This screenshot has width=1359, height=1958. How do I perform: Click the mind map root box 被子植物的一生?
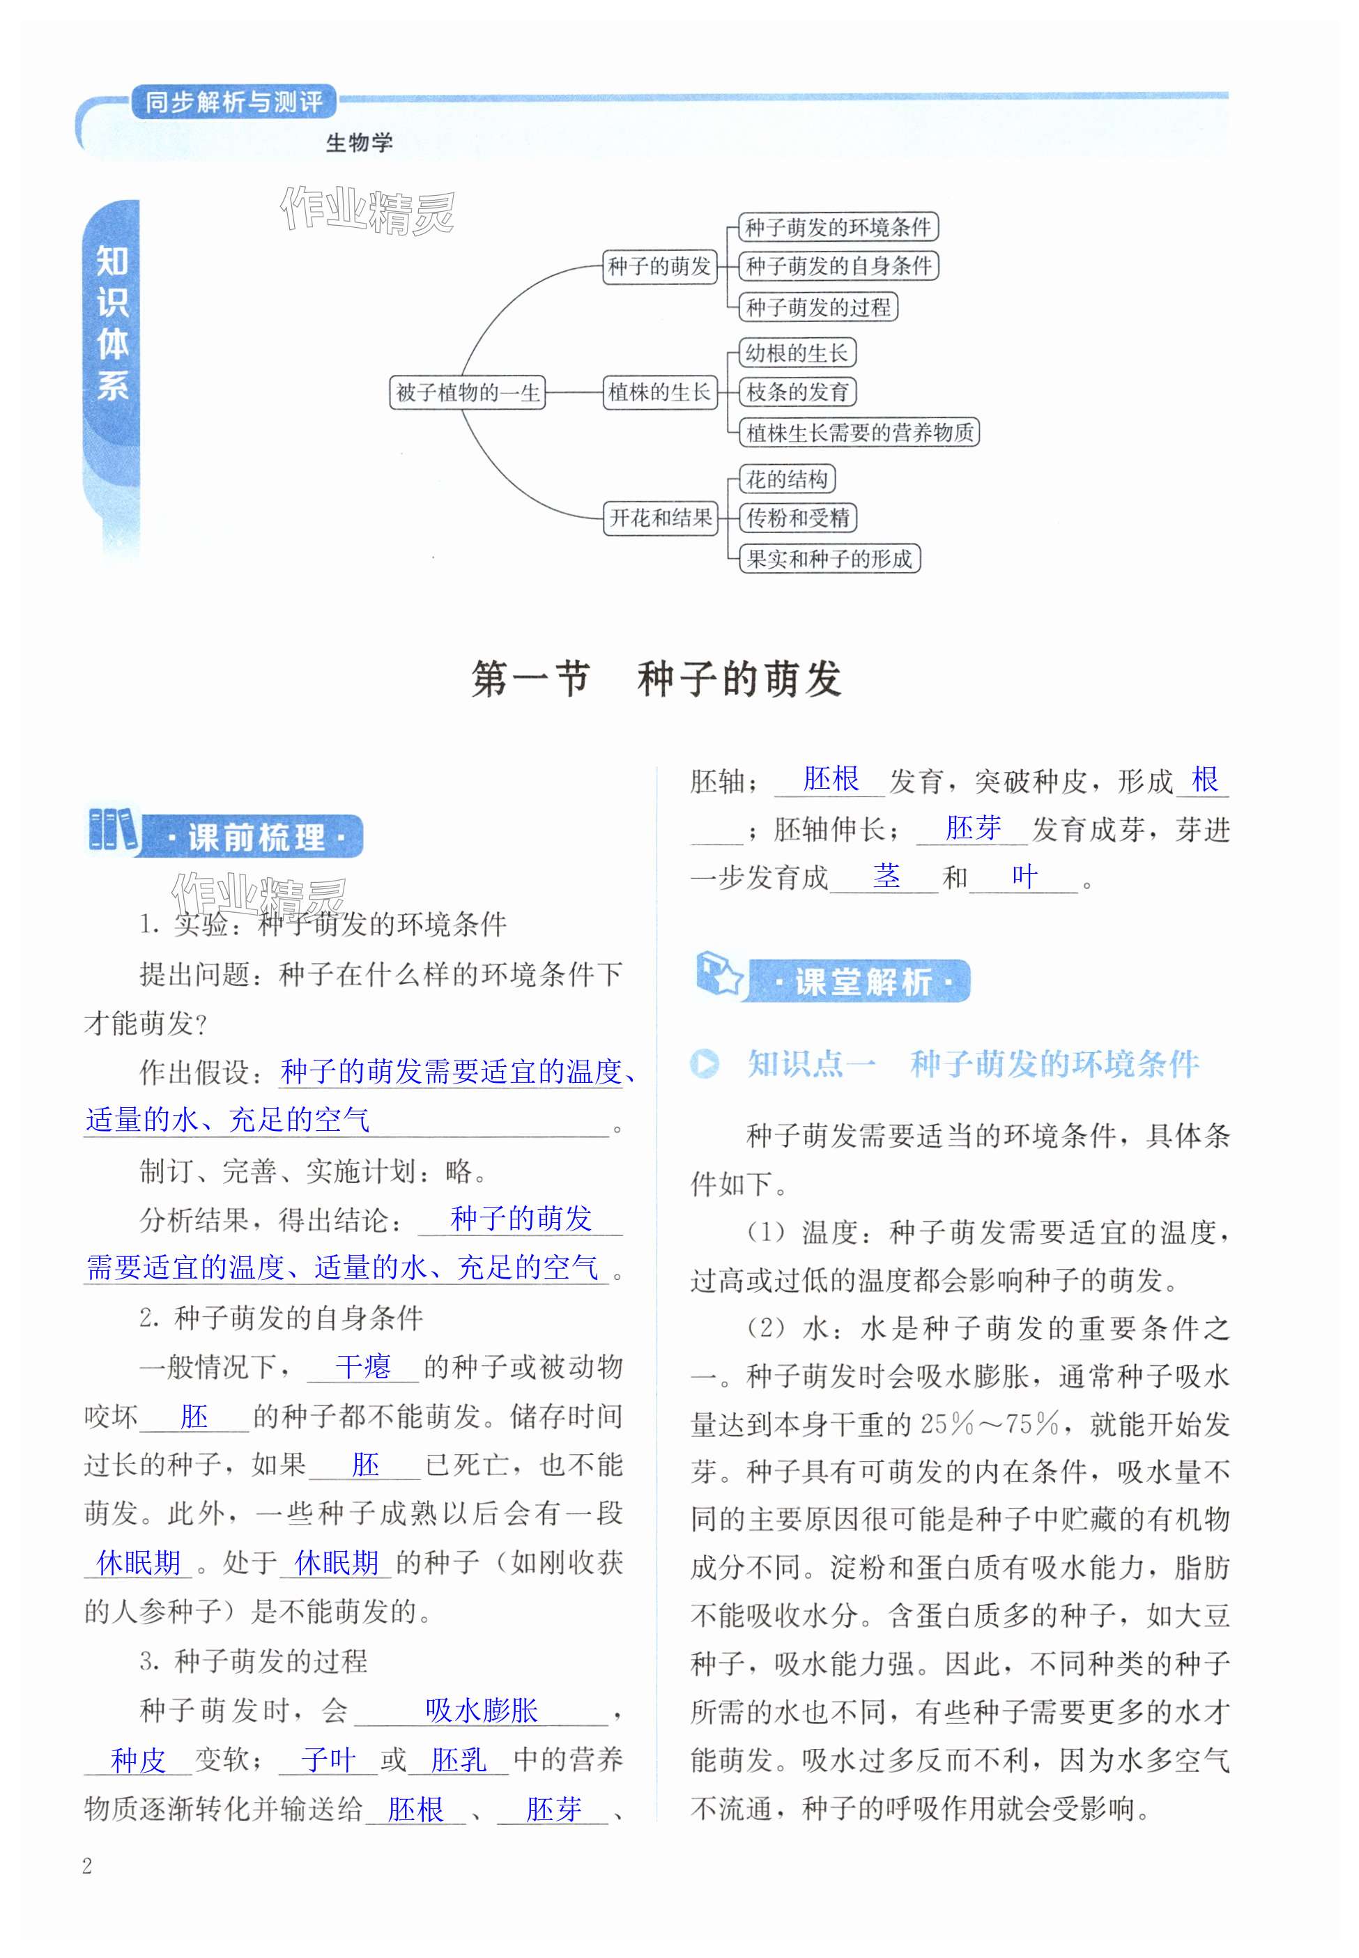467,392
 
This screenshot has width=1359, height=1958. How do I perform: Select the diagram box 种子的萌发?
659,266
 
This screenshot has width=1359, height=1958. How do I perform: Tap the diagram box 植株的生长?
659,392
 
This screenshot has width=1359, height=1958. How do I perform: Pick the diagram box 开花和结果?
661,518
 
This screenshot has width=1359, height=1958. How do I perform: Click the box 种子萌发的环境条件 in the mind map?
838,227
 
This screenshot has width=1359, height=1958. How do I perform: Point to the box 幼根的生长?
797,353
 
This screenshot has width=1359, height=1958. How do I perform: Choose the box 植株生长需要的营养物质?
859,433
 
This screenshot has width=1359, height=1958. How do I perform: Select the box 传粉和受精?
798,518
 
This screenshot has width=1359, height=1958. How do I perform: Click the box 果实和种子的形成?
829,558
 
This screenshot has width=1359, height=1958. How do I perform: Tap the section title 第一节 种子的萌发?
657,679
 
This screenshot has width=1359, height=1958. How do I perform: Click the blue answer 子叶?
327,1759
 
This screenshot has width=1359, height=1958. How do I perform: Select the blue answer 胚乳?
458,1759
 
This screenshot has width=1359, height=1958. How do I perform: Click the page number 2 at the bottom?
87,1866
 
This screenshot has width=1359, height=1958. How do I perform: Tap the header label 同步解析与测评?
233,102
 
